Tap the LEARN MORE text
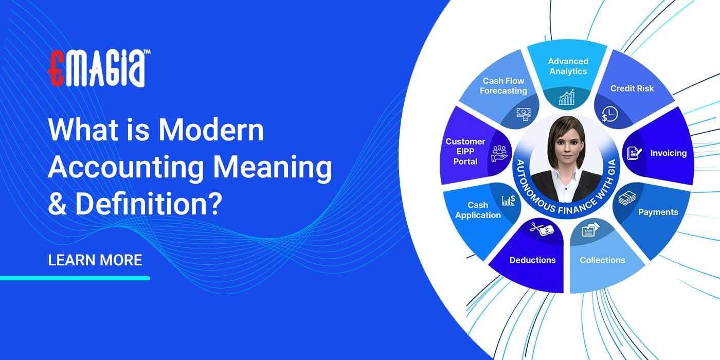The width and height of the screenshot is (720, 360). point(95,260)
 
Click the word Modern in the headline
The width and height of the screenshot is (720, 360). point(211,130)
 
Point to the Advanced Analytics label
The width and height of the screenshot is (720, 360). point(568,66)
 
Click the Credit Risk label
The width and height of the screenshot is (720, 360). point(632,88)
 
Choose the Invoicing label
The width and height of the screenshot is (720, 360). point(668,153)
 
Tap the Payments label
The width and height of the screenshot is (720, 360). point(658,212)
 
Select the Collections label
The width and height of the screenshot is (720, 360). point(602,260)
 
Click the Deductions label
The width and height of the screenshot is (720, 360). point(532,260)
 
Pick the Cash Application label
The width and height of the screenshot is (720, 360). point(478,210)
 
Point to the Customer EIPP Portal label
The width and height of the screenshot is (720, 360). point(465,151)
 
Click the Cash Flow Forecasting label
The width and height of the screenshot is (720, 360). point(503,86)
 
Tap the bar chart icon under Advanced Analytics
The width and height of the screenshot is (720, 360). point(567,97)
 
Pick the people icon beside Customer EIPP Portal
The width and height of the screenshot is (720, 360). point(499,153)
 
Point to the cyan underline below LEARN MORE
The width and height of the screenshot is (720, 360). point(75,278)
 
